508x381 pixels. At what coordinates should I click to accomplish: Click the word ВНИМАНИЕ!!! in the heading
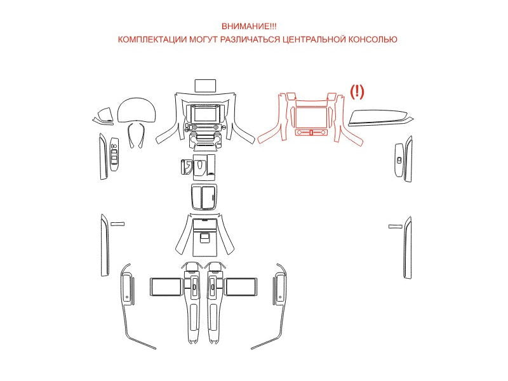249,26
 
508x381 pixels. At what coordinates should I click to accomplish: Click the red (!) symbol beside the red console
357,91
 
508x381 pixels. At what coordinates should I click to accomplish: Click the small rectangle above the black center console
205,86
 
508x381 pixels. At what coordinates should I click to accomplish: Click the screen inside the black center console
206,114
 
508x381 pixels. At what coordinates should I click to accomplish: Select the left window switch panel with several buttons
114,154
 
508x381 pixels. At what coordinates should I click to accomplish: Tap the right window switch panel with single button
399,160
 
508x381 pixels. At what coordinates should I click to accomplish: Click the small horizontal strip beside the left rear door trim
117,224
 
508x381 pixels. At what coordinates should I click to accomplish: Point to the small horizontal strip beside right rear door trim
395,226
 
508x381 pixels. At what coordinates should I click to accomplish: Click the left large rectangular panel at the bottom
166,287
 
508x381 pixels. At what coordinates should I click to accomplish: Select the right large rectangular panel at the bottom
241,287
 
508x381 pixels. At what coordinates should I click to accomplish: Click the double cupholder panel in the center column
204,197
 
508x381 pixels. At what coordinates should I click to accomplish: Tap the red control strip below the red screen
311,132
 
